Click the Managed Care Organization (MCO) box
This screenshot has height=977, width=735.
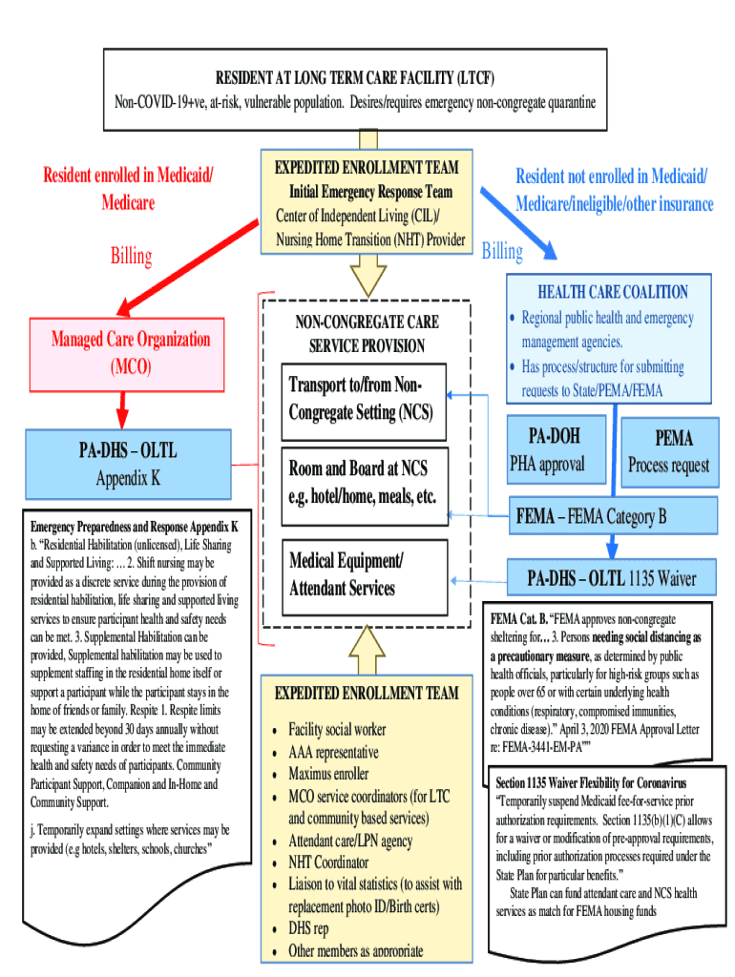click(x=130, y=352)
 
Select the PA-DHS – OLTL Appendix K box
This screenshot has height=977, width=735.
click(x=130, y=464)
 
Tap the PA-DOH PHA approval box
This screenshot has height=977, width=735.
click(x=556, y=450)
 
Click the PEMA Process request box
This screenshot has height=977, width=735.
click(x=667, y=451)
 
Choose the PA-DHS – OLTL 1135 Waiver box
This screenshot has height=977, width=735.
click(x=612, y=577)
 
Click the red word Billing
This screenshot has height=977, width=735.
click(x=131, y=256)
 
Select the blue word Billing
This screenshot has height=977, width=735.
click(x=502, y=252)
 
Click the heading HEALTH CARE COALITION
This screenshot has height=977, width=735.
click(x=612, y=292)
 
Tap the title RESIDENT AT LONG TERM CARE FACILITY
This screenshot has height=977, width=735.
click(x=355, y=77)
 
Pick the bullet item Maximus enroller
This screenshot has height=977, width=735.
click(x=328, y=774)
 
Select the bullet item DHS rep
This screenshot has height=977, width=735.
click(x=308, y=928)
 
